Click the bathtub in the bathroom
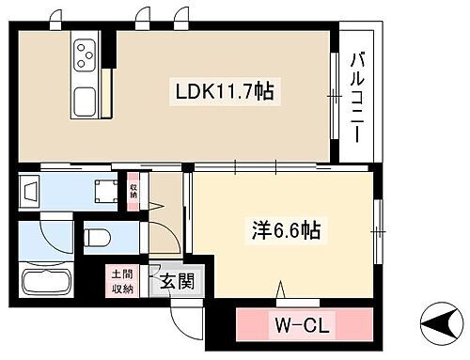(x=46, y=283)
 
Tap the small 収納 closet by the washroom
(x=133, y=193)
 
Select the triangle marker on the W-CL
(x=278, y=291)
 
